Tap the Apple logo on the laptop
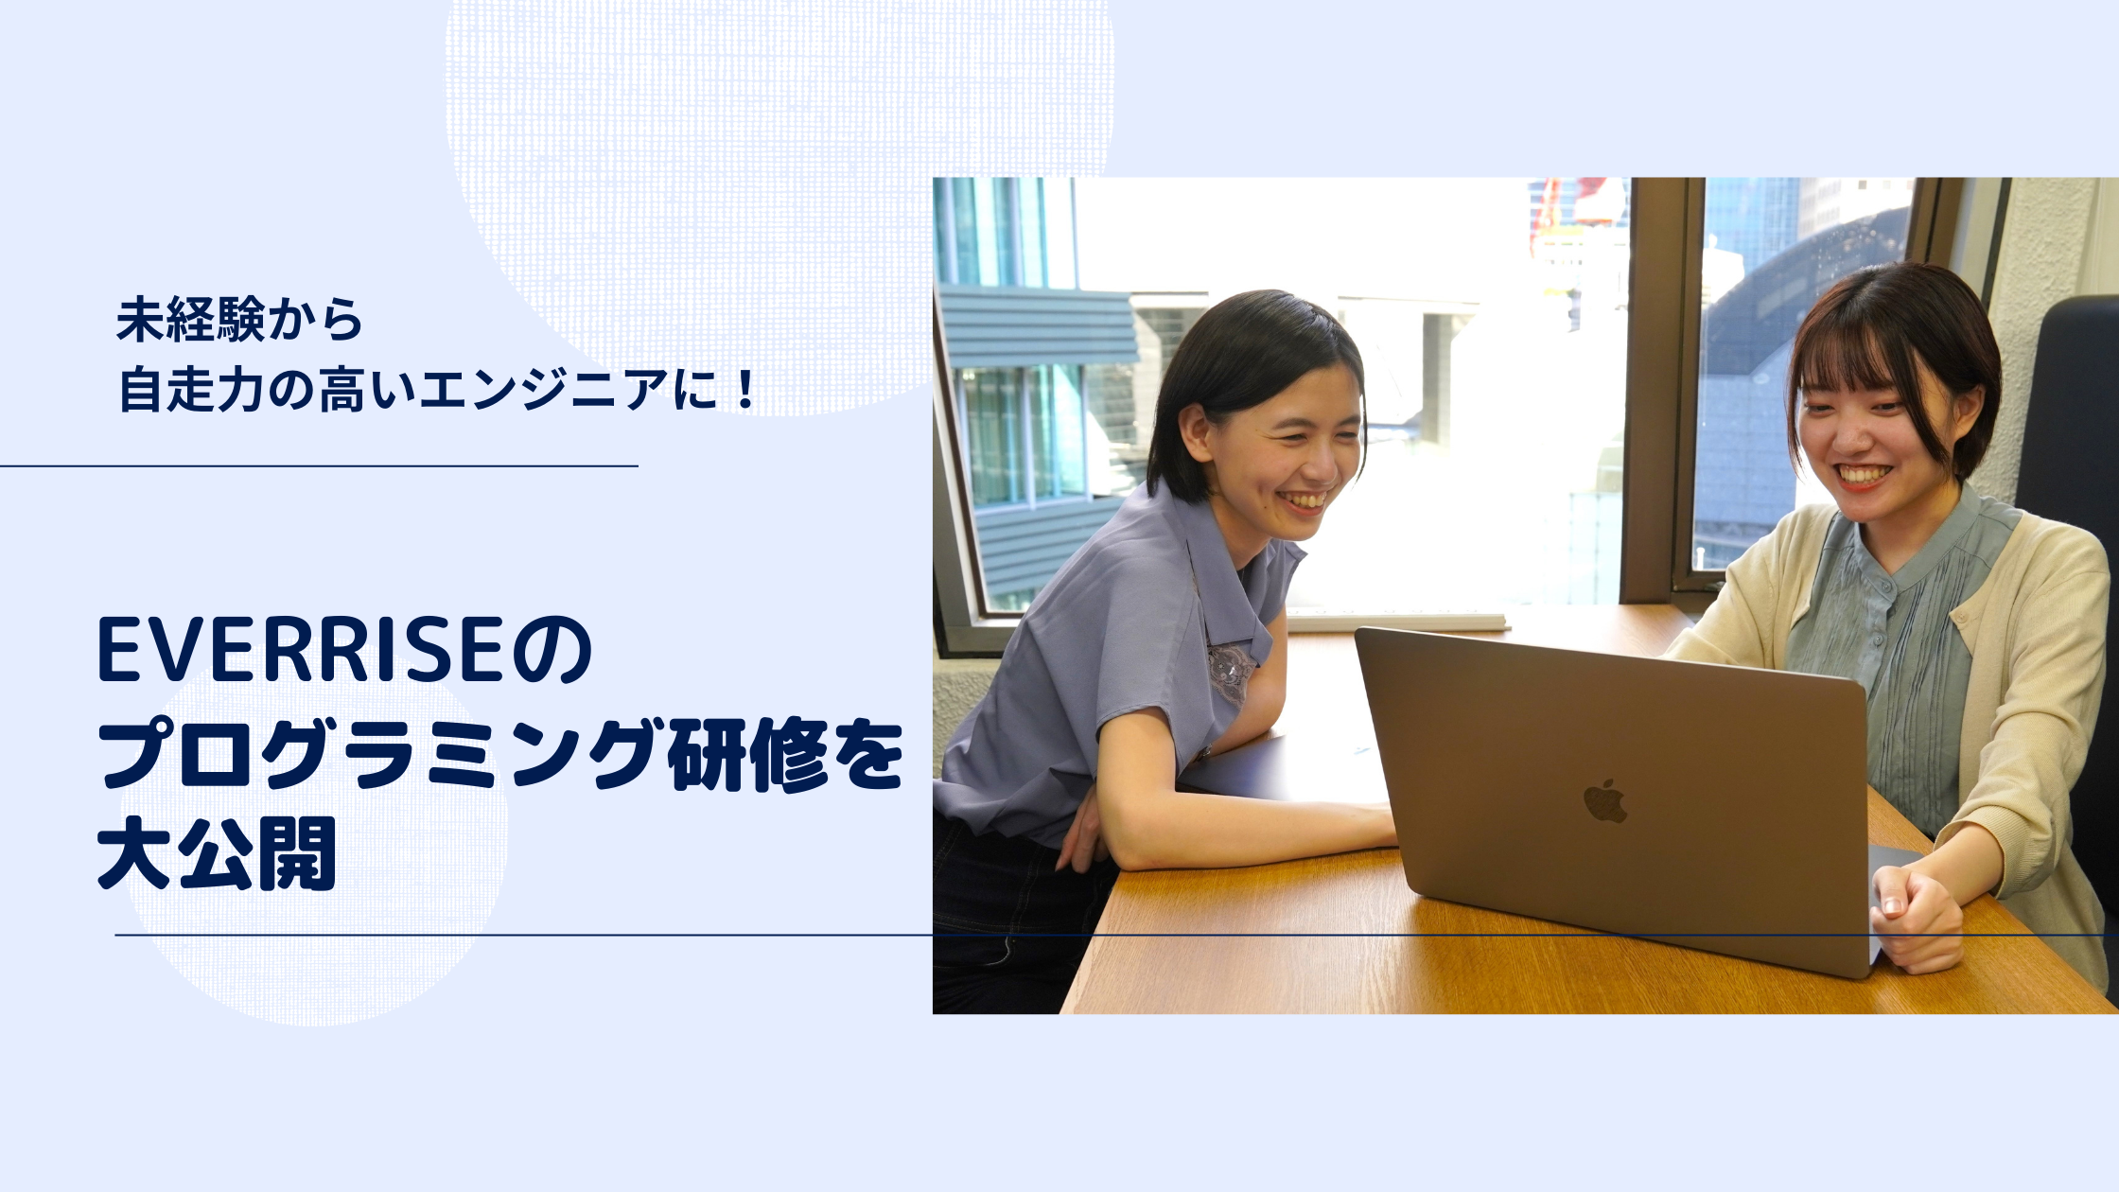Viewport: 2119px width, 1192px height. tap(1604, 802)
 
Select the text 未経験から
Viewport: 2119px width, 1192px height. tap(239, 320)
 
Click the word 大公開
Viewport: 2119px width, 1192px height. tap(218, 853)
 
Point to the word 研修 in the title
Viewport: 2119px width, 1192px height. tap(745, 755)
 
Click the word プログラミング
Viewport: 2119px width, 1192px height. tap(378, 755)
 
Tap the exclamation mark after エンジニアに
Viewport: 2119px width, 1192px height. tap(745, 390)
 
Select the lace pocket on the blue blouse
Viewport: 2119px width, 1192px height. tap(1231, 672)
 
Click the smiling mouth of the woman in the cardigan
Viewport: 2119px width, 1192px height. tap(1860, 475)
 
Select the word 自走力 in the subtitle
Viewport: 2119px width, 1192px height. tap(189, 390)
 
